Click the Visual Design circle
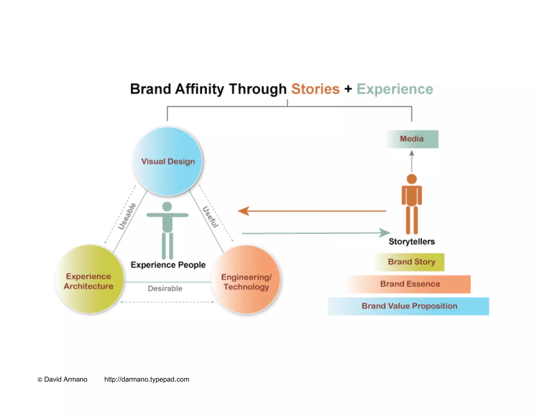tap(168, 161)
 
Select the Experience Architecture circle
tap(89, 279)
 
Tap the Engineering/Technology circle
tap(246, 280)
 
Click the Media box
tap(412, 139)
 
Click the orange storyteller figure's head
tap(412, 179)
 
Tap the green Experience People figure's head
tap(167, 206)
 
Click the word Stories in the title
tap(315, 89)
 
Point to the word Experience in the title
tap(395, 89)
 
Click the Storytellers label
tap(412, 241)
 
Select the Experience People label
tap(168, 265)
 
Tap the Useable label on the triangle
tap(127, 216)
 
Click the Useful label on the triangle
tap(210, 217)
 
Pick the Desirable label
tap(165, 288)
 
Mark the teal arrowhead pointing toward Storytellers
tap(385, 233)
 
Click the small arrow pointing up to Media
tap(412, 154)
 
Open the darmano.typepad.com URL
tap(147, 379)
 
